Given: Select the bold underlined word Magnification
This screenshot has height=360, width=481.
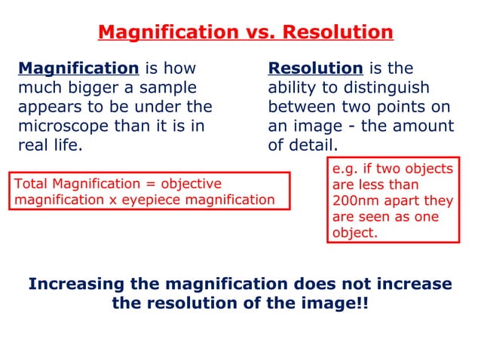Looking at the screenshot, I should pos(78,69).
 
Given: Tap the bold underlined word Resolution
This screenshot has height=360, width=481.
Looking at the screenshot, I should pos(315,69).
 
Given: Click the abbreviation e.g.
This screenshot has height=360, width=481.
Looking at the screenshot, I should pos(345,169).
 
